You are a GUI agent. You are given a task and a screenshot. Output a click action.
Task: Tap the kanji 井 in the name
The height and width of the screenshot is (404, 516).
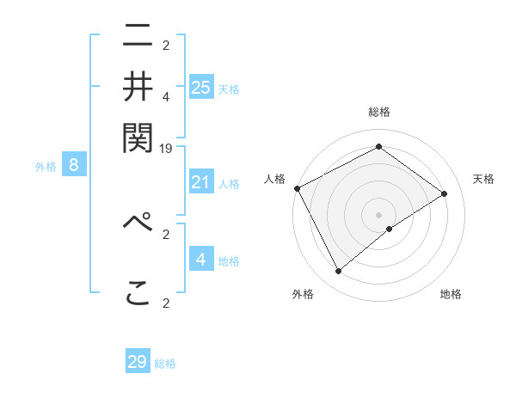(x=138, y=88)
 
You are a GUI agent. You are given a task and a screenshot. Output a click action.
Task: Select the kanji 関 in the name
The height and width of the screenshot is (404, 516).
(x=138, y=136)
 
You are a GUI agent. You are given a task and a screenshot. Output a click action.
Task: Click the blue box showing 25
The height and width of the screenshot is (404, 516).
(x=201, y=87)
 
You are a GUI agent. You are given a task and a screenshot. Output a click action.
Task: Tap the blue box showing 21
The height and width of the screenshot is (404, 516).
(x=201, y=182)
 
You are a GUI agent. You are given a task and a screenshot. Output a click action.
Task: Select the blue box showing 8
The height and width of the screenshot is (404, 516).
(x=74, y=166)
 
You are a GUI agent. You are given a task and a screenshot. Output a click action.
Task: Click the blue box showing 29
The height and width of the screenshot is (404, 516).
(x=138, y=362)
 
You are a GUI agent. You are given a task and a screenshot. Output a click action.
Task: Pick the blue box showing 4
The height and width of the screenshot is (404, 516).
(x=201, y=259)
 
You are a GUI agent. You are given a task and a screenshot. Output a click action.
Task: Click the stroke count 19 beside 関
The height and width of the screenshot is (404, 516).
(x=167, y=149)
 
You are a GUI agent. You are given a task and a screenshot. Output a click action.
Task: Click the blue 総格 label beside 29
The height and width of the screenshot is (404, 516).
(x=165, y=364)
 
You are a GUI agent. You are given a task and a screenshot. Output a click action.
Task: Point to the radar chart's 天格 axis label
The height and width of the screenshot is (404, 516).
(x=484, y=179)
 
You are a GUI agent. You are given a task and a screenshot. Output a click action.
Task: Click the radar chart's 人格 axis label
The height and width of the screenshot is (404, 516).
(x=275, y=179)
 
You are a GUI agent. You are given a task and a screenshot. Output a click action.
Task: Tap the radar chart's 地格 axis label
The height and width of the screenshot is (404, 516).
(x=451, y=295)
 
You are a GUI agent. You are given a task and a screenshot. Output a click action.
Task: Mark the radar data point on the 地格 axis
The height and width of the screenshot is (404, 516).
(x=390, y=229)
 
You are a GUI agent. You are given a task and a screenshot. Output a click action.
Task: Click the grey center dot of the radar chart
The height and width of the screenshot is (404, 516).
(x=379, y=214)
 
